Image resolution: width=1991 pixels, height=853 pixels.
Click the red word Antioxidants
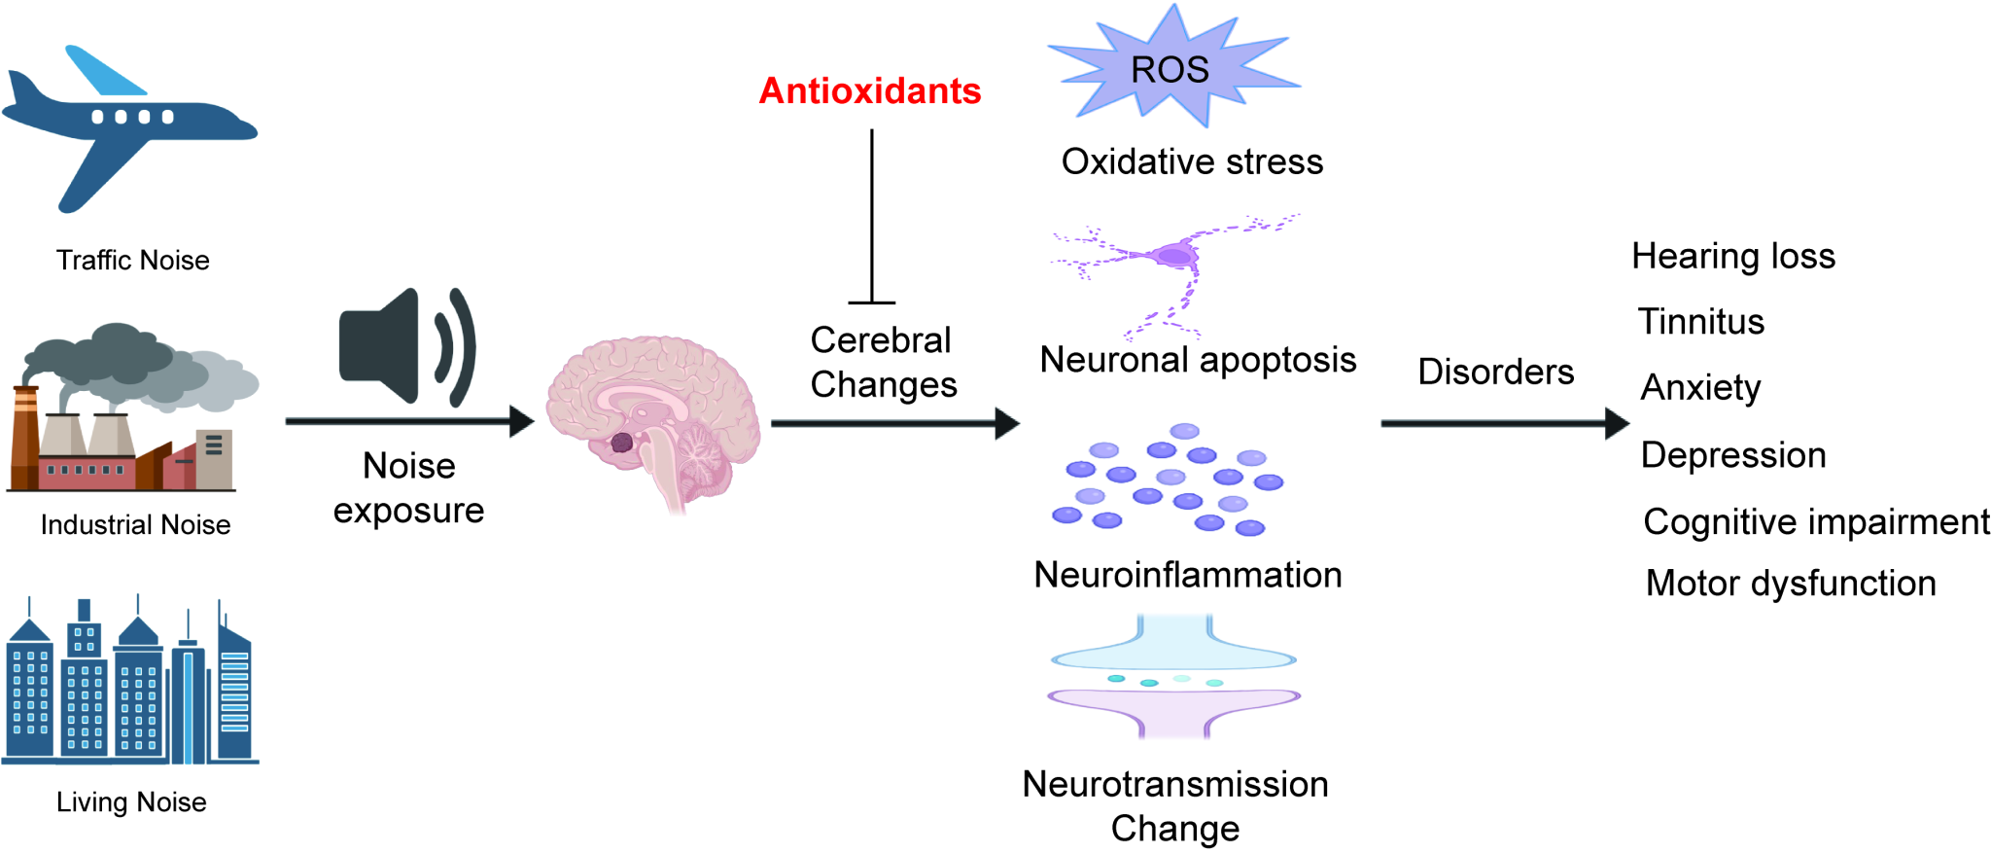tap(869, 91)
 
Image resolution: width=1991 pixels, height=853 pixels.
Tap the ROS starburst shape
tap(1170, 68)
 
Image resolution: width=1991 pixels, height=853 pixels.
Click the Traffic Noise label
tap(132, 261)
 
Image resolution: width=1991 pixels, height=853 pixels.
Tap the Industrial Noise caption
tap(135, 525)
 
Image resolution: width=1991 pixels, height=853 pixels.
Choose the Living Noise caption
tap(131, 802)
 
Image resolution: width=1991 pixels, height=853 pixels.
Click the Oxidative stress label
tap(1192, 161)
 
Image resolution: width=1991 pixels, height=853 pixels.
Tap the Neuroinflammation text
tap(1187, 575)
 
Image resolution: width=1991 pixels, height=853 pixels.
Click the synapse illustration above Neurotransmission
tap(1174, 677)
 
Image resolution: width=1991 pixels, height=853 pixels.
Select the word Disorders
tap(1495, 372)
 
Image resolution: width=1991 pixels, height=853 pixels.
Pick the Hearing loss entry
tap(1732, 256)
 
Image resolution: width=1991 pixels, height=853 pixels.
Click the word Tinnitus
tap(1700, 322)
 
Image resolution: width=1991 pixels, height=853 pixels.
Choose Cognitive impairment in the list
tap(1816, 522)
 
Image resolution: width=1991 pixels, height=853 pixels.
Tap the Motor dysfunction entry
tap(1791, 584)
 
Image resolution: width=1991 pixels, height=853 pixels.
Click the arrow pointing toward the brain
tap(408, 421)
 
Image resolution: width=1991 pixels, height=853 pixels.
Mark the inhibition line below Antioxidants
tap(872, 219)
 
